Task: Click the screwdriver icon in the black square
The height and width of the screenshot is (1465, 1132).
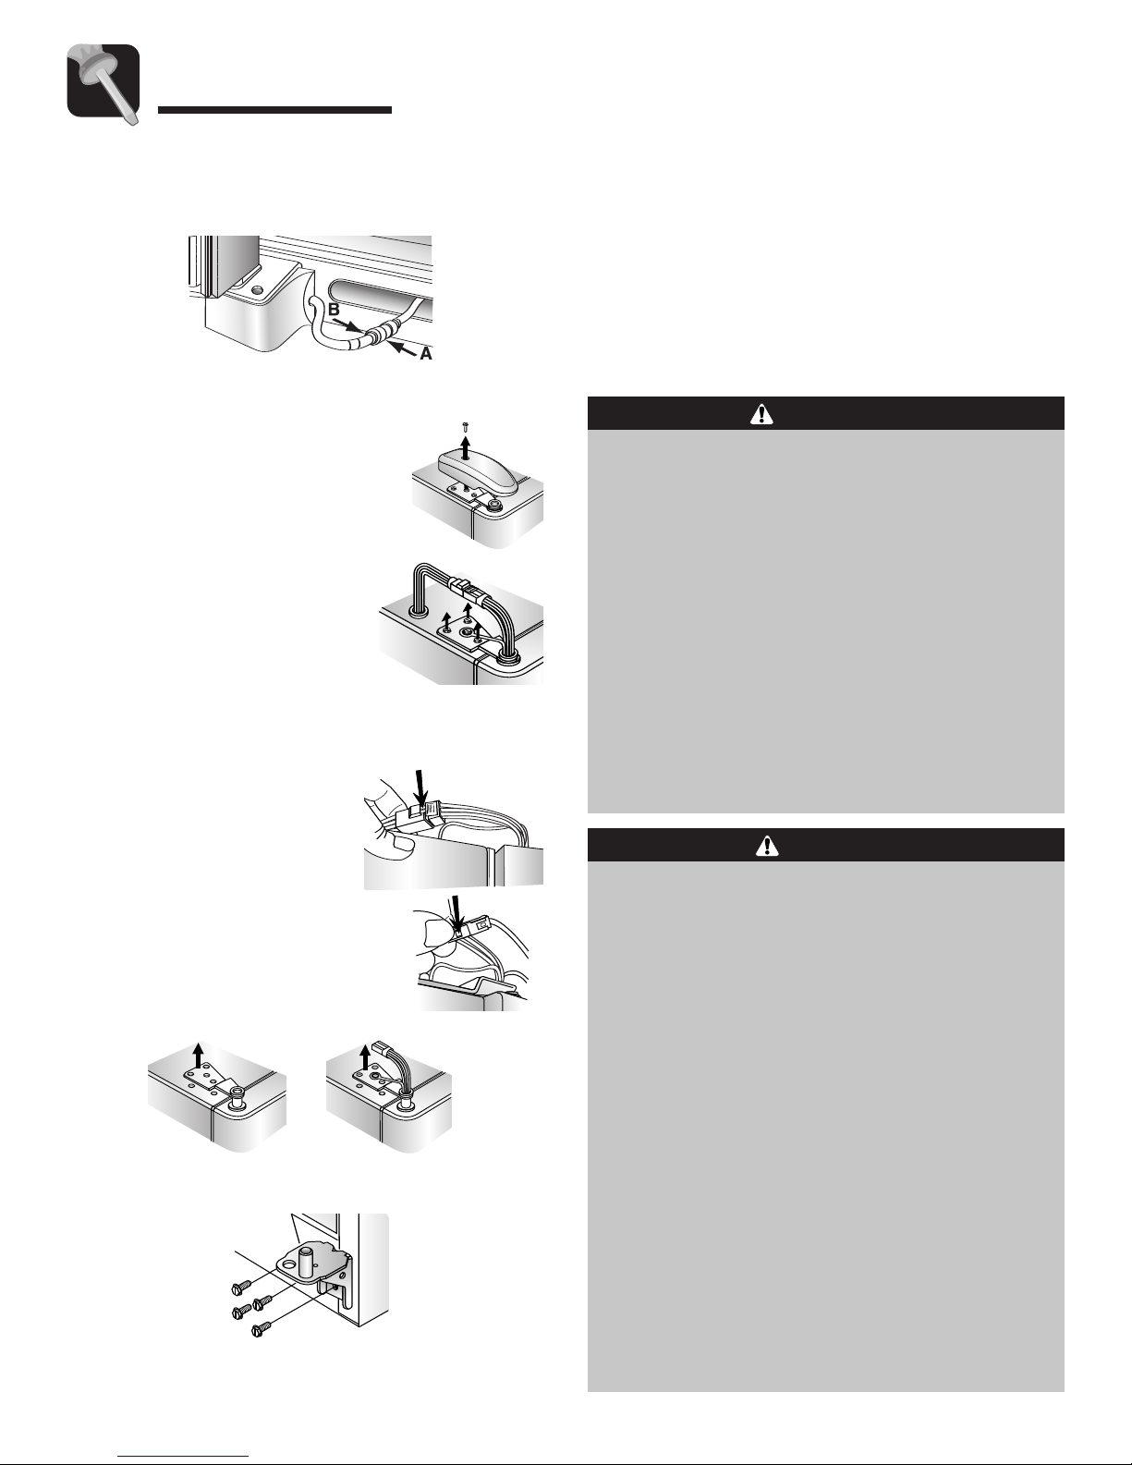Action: click(x=103, y=83)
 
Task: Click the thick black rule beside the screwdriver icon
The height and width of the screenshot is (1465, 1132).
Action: click(x=275, y=110)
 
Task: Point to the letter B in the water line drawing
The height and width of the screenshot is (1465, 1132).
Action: click(x=334, y=311)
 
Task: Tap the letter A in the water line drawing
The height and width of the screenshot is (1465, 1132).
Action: click(x=426, y=353)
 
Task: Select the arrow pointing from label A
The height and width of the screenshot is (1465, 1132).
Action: click(x=403, y=348)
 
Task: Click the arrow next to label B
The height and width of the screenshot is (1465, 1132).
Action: click(x=350, y=325)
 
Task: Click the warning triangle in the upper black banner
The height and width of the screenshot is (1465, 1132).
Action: click(x=761, y=414)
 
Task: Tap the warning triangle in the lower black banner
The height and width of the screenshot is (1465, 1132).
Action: click(x=768, y=846)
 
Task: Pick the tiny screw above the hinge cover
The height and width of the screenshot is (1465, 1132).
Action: click(x=466, y=426)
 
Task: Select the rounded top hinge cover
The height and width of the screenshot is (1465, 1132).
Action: click(x=478, y=470)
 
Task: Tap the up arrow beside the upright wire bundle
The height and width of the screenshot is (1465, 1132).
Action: click(x=366, y=1056)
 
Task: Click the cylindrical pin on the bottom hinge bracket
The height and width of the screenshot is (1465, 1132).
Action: click(x=310, y=1260)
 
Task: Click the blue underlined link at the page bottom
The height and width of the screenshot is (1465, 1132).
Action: click(x=183, y=1456)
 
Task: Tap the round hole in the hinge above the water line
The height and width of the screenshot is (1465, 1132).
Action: click(x=256, y=290)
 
